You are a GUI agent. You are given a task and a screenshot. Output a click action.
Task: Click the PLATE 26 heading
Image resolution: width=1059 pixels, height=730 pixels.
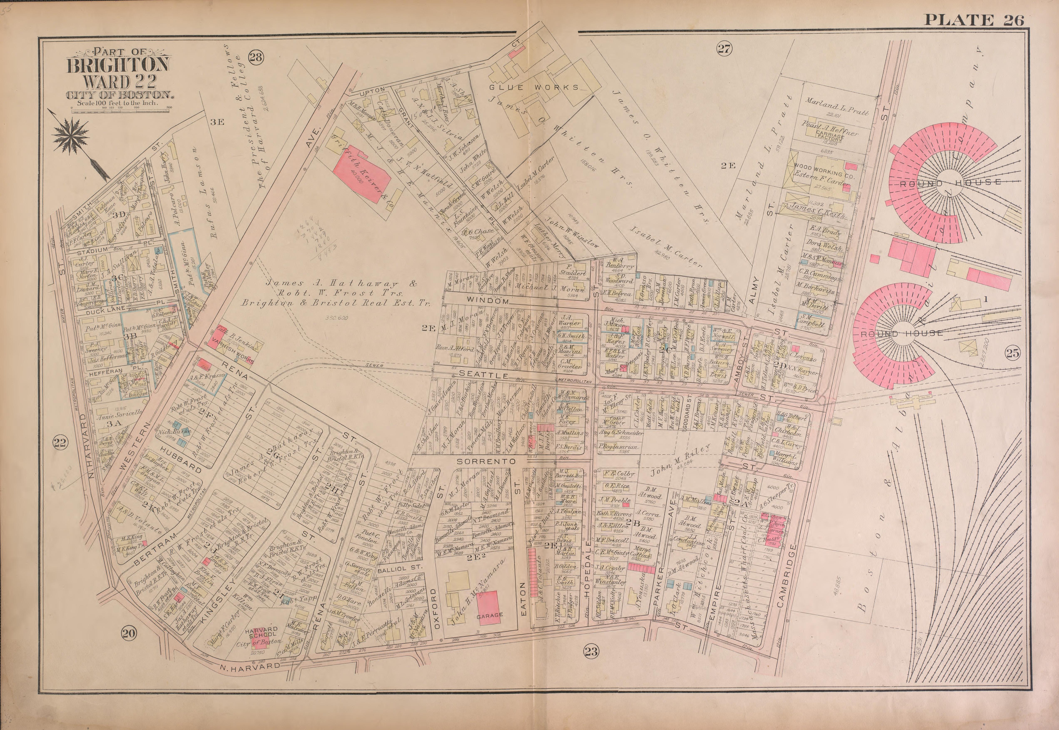tap(973, 20)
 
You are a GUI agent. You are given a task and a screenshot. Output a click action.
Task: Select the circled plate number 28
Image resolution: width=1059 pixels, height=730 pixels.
tap(256, 57)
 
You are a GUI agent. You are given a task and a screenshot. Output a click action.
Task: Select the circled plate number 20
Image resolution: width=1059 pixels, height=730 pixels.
tap(128, 633)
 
